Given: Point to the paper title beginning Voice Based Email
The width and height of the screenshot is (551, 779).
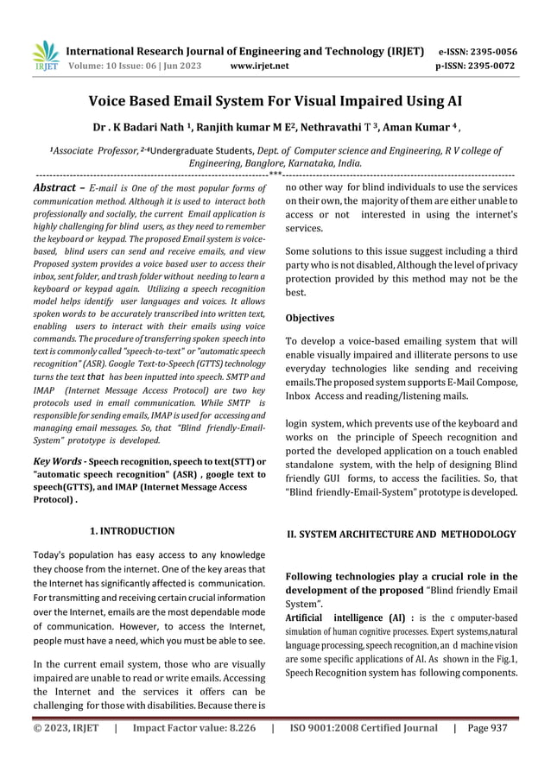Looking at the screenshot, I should pyautogui.click(x=275, y=100).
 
